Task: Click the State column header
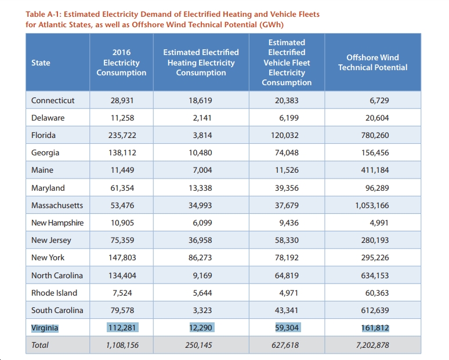(x=41, y=63)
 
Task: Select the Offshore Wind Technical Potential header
(x=372, y=63)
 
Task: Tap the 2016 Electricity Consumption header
(x=121, y=63)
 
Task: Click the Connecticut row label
(x=53, y=100)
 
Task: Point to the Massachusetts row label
(x=57, y=205)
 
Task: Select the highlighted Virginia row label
(x=45, y=328)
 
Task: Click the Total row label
(x=40, y=345)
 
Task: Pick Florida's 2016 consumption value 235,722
(x=122, y=135)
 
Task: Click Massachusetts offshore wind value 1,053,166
(x=372, y=205)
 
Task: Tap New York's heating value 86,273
(x=200, y=257)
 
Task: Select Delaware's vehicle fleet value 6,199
(x=289, y=118)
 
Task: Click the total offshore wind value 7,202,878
(x=372, y=345)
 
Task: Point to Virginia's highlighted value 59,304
(x=287, y=328)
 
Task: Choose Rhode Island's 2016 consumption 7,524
(x=122, y=293)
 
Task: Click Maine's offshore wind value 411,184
(x=375, y=170)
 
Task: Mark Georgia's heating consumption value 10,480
(x=201, y=153)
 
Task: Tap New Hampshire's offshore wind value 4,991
(x=379, y=223)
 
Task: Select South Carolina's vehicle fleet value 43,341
(x=287, y=310)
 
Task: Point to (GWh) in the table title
(x=271, y=25)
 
